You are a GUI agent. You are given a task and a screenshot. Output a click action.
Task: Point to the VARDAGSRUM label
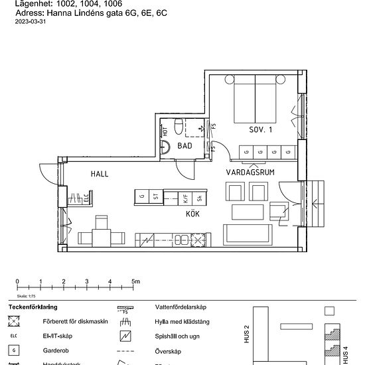(x=251, y=171)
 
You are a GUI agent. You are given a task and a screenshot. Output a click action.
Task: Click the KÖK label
(x=193, y=215)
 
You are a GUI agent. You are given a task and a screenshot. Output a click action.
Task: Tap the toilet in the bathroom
(x=178, y=126)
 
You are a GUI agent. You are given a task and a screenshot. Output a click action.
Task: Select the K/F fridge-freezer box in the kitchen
(x=186, y=196)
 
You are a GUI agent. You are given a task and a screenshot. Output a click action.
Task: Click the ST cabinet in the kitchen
(x=156, y=196)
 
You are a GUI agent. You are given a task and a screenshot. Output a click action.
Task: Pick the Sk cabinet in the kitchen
(x=200, y=196)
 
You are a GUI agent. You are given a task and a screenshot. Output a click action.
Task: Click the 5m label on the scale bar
(x=136, y=281)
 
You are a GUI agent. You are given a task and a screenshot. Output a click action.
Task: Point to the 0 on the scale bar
(x=17, y=281)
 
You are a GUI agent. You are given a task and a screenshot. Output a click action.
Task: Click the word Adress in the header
(x=29, y=12)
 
